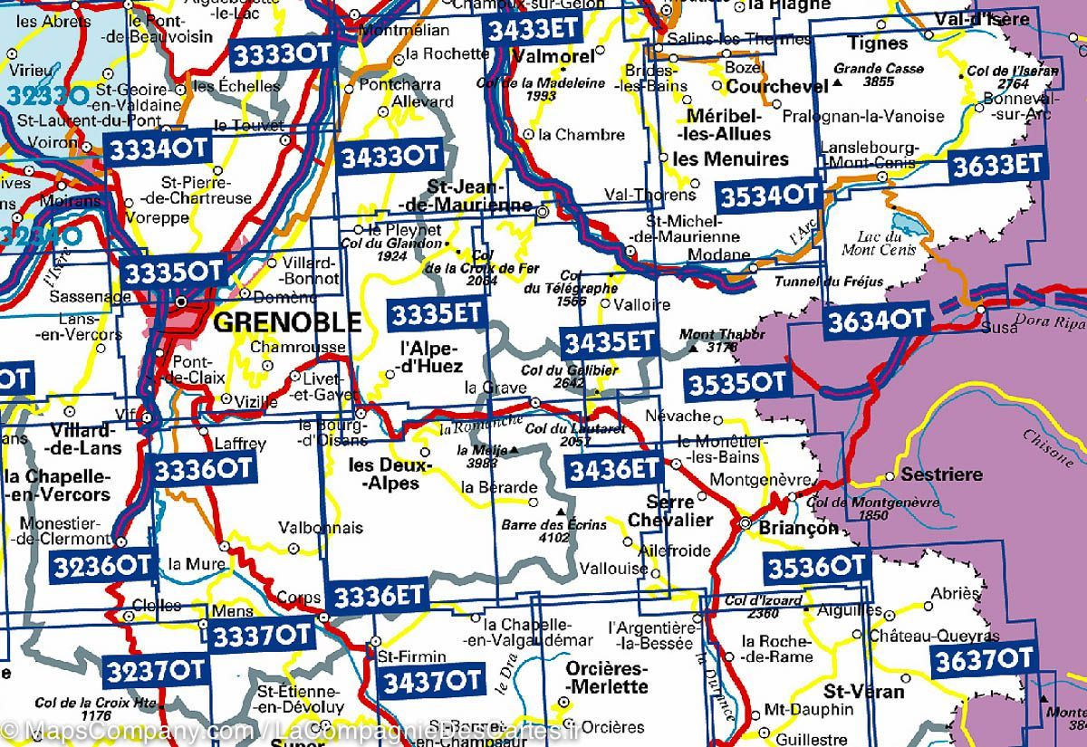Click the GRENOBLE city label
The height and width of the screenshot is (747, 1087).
pos(285,322)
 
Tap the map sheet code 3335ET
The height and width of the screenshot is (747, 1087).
pos(435,314)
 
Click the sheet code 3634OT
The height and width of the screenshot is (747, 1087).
pos(876,320)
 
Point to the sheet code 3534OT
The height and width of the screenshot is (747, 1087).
pos(768,195)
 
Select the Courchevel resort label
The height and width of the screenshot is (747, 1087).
pos(777,87)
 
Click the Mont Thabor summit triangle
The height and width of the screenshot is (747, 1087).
pos(694,348)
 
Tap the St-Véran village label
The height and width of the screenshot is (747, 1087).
pos(869,692)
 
